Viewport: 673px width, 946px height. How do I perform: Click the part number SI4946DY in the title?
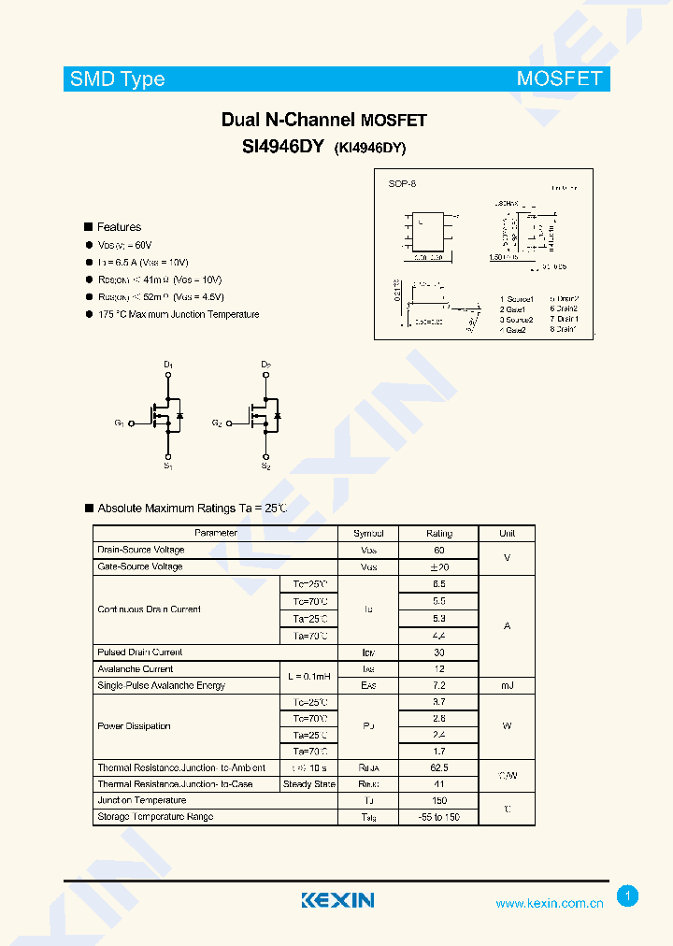click(282, 146)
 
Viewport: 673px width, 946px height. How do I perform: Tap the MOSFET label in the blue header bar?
click(559, 79)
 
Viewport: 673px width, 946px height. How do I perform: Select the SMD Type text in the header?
click(117, 79)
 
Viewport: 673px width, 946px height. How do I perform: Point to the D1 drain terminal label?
click(168, 364)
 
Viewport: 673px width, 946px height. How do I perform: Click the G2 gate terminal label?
click(217, 423)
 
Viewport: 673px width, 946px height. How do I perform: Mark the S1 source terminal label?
click(168, 466)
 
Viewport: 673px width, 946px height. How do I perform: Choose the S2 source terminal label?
click(265, 466)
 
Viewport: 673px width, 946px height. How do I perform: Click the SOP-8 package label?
click(402, 184)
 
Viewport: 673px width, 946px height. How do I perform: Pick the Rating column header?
click(438, 533)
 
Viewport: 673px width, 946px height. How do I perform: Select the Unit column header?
click(507, 533)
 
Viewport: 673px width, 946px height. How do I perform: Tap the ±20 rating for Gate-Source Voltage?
click(438, 566)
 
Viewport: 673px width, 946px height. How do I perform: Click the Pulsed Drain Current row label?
click(140, 652)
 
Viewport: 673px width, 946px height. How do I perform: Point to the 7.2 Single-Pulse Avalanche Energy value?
click(438, 685)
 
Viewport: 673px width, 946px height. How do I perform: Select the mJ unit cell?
click(507, 685)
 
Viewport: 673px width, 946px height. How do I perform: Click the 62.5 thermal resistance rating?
click(438, 767)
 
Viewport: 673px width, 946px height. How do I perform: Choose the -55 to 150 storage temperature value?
click(438, 817)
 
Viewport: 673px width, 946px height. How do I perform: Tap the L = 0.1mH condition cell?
click(308, 677)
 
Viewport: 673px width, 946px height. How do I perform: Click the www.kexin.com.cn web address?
click(549, 903)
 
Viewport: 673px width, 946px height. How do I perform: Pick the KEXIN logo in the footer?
click(337, 900)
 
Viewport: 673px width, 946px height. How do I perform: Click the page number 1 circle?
click(628, 896)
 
